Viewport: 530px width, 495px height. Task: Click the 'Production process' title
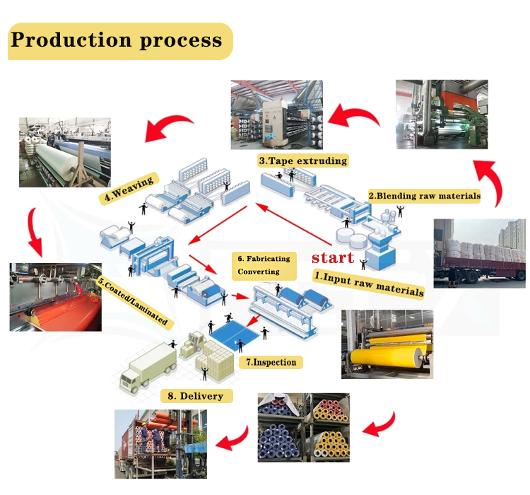(x=117, y=40)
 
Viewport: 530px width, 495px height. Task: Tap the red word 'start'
(x=332, y=257)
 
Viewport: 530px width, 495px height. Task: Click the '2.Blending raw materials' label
(x=424, y=195)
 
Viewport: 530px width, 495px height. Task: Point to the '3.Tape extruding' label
(x=303, y=161)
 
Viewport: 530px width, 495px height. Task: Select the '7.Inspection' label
(x=271, y=362)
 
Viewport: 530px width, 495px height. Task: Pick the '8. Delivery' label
(x=201, y=396)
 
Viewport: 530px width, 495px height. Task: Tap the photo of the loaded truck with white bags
(x=478, y=253)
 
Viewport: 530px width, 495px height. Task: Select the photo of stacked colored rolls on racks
(x=303, y=427)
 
